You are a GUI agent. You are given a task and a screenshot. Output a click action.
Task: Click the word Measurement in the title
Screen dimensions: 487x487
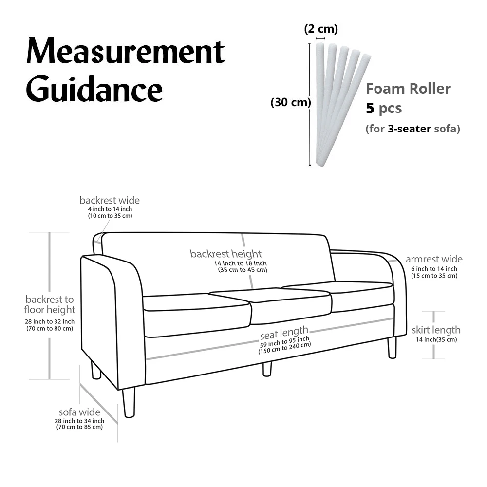click(126, 52)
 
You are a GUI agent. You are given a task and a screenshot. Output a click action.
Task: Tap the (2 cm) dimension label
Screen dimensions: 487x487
click(320, 29)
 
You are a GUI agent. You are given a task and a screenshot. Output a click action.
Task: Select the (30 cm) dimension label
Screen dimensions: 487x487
click(290, 103)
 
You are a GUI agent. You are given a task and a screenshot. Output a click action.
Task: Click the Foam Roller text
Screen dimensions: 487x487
click(408, 89)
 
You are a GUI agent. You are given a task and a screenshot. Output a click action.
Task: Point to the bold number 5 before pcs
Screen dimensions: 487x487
click(370, 108)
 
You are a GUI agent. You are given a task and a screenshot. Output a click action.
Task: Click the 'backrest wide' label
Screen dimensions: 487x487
click(110, 200)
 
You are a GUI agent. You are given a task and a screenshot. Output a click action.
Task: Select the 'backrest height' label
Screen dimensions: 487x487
click(226, 254)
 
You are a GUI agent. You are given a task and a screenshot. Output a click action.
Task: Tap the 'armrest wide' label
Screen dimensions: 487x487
click(434, 259)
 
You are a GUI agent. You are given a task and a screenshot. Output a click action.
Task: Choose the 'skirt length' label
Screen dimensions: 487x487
click(436, 330)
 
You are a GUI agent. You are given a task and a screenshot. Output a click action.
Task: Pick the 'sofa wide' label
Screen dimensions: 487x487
click(79, 412)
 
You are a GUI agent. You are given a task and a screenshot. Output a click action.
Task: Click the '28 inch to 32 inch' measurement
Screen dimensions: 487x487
click(50, 321)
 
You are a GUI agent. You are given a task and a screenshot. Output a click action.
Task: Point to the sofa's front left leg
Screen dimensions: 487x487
click(129, 402)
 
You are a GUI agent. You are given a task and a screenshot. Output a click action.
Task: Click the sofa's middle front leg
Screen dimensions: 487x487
click(266, 369)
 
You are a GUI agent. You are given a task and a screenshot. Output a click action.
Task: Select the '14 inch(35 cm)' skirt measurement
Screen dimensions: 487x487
click(436, 340)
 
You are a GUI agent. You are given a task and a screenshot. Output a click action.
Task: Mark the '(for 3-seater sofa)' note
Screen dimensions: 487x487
click(412, 129)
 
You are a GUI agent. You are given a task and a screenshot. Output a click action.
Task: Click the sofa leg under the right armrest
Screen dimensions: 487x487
click(392, 347)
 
